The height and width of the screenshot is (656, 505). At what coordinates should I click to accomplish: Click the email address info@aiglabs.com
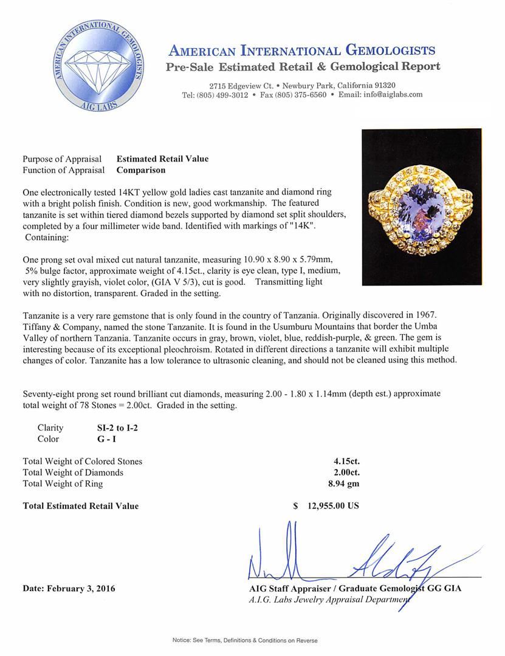(x=389, y=95)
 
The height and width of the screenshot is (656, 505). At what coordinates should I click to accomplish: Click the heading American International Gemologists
(x=302, y=50)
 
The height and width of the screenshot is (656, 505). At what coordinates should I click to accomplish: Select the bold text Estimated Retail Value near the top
(x=162, y=159)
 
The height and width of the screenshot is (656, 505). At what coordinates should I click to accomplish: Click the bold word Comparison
(x=140, y=170)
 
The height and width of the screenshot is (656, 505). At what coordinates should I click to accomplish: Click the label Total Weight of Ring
(x=63, y=483)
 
